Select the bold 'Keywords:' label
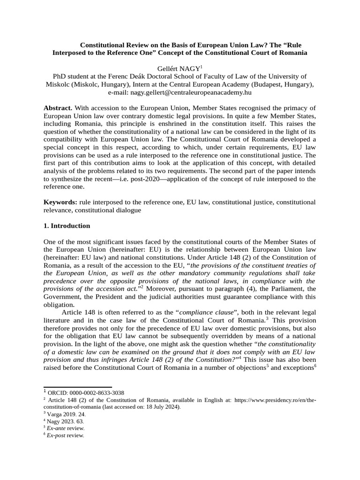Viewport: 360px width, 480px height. click(x=60, y=202)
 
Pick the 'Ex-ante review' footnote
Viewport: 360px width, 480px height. click(x=66, y=428)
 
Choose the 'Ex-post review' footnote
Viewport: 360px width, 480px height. click(x=66, y=435)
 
